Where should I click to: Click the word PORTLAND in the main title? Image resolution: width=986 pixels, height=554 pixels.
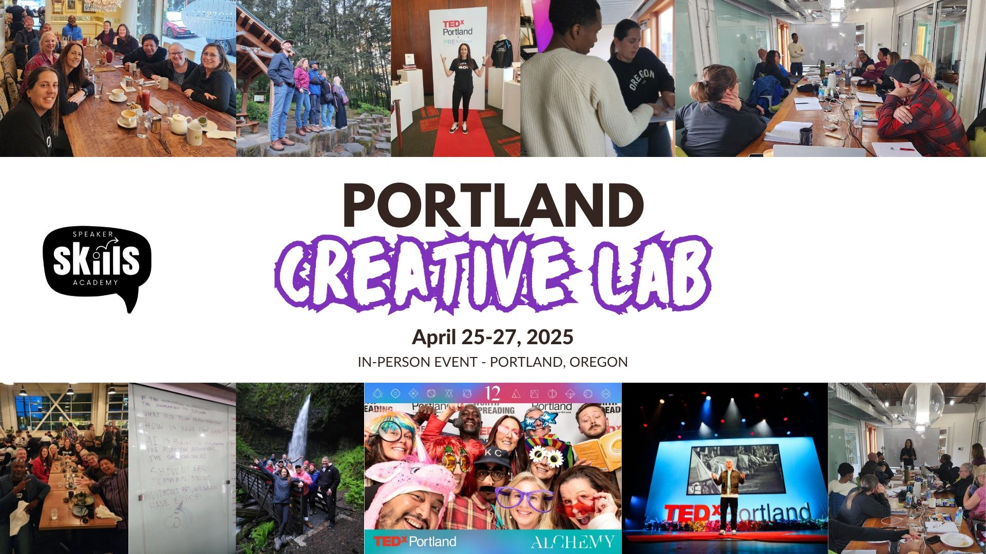[x=493, y=205]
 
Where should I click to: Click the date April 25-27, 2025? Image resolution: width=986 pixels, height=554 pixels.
[x=492, y=337]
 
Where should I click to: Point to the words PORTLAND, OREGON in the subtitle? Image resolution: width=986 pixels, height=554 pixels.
[x=559, y=362]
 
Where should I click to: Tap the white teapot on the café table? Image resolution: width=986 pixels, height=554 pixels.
[x=179, y=123]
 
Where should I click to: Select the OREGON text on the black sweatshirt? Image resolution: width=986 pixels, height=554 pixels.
[x=641, y=80]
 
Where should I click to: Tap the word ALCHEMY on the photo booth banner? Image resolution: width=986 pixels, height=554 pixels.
[x=573, y=542]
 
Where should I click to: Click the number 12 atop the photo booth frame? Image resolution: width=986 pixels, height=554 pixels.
[x=492, y=393]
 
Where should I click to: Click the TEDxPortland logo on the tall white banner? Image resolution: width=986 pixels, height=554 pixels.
[x=457, y=28]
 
